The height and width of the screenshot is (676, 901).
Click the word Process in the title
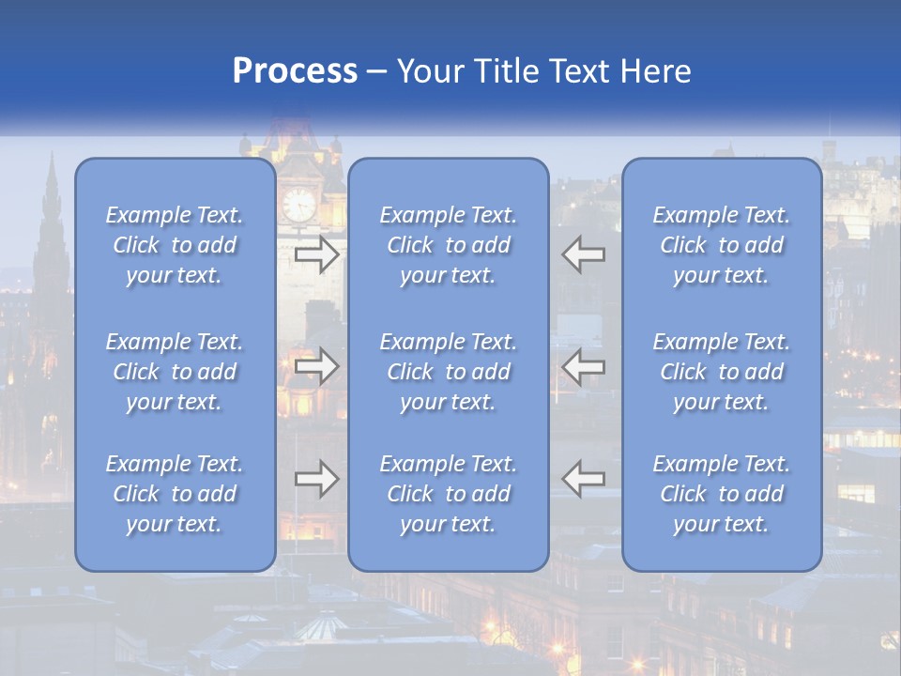[x=295, y=71]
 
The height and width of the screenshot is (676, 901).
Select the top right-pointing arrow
[x=317, y=254]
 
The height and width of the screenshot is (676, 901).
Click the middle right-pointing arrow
[x=317, y=366]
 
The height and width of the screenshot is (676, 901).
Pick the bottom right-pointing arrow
[x=317, y=479]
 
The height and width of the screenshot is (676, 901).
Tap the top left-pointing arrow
[x=583, y=254]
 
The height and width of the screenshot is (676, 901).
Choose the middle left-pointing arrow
[x=583, y=366]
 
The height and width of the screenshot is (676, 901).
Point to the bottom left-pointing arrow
[x=583, y=479]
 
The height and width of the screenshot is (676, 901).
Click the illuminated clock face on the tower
[x=300, y=204]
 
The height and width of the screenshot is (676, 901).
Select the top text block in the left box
[x=175, y=245]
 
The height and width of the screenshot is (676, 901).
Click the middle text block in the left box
[x=175, y=372]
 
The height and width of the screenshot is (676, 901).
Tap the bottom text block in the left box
[x=175, y=494]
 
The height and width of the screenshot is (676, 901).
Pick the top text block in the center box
[x=449, y=245]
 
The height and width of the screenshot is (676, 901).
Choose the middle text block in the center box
[x=449, y=372]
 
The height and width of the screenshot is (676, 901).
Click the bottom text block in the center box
[x=449, y=494]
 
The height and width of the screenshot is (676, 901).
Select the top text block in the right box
[x=722, y=245]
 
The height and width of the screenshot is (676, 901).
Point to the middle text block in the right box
[x=722, y=372]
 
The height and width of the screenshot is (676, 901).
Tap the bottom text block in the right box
[x=722, y=494]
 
